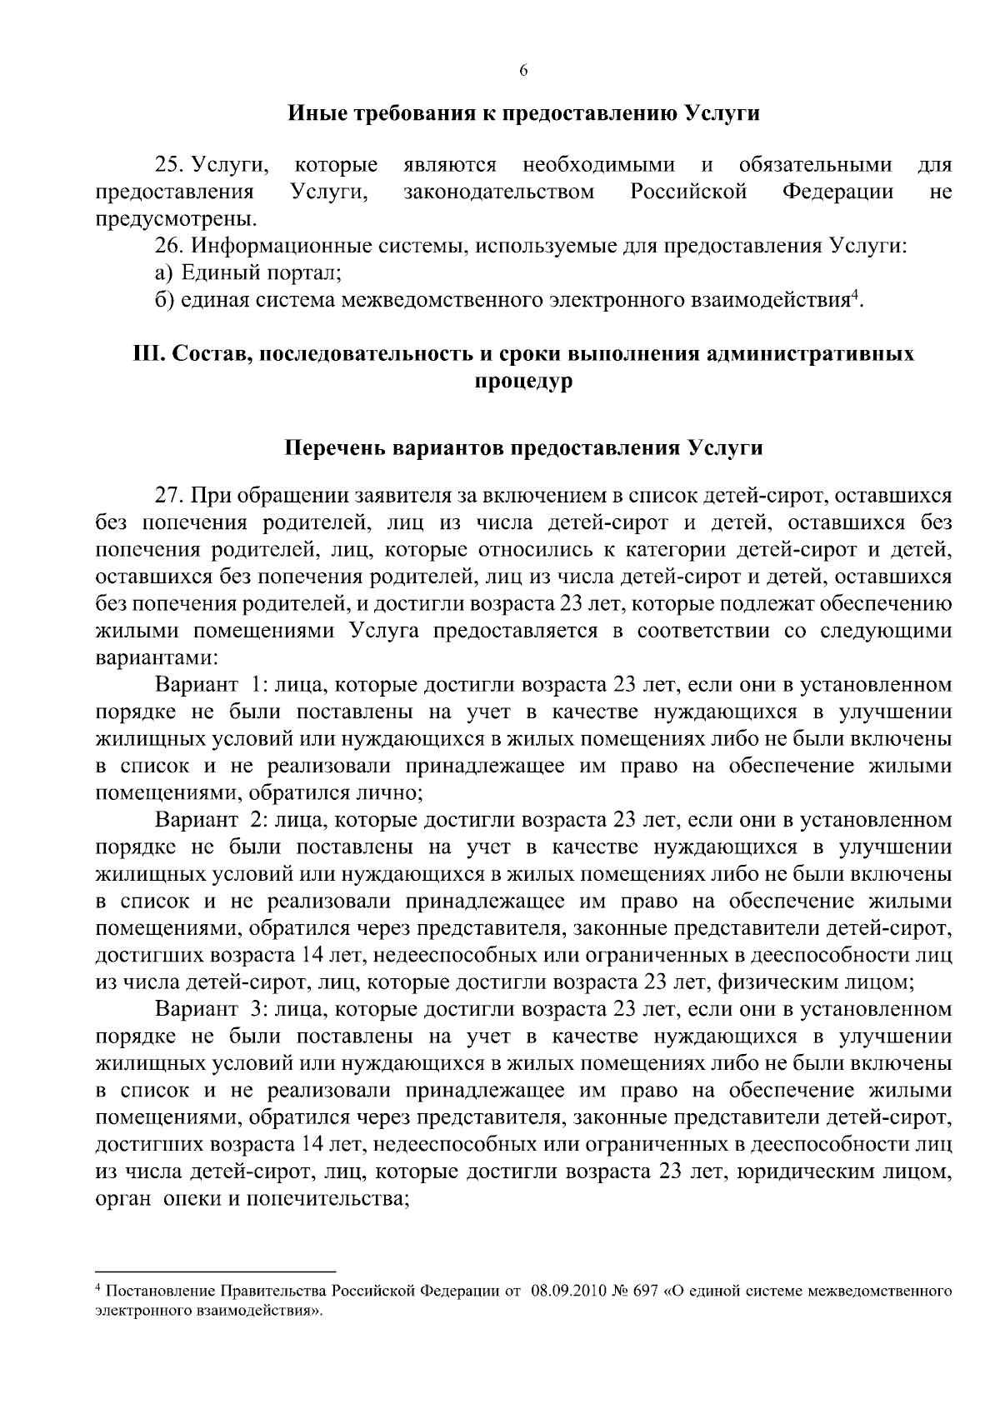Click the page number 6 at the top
523,72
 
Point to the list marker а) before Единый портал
164,272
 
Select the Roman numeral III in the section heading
147,354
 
